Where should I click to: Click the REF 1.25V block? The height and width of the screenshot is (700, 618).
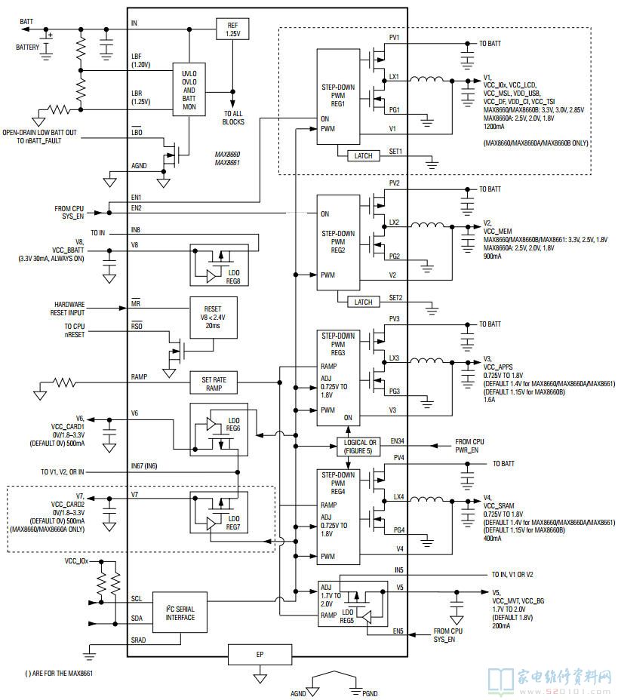tap(232, 29)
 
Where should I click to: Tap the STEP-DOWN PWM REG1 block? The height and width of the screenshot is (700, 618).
tap(338, 96)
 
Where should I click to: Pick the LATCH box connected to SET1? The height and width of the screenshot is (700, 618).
tap(363, 155)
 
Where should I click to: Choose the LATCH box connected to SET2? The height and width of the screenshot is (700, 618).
tap(363, 302)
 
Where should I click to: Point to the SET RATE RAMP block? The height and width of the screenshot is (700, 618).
tap(212, 382)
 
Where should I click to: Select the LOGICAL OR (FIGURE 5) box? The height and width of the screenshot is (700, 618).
tap(361, 447)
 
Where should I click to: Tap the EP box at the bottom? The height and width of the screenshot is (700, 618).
tap(260, 653)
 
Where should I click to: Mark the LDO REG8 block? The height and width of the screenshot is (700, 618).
tap(218, 266)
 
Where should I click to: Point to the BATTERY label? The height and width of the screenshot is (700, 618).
tap(32, 47)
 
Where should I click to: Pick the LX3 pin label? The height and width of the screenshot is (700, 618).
tap(395, 358)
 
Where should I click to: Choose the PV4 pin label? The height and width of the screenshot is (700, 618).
tap(398, 457)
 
